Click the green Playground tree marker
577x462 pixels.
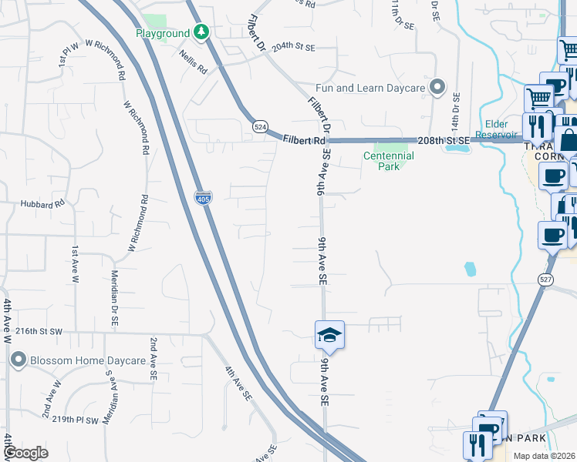(x=201, y=32)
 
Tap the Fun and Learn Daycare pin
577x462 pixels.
(x=438, y=88)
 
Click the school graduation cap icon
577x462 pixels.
(x=329, y=335)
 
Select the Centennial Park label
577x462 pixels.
(x=389, y=161)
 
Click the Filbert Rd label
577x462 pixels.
(x=303, y=141)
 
